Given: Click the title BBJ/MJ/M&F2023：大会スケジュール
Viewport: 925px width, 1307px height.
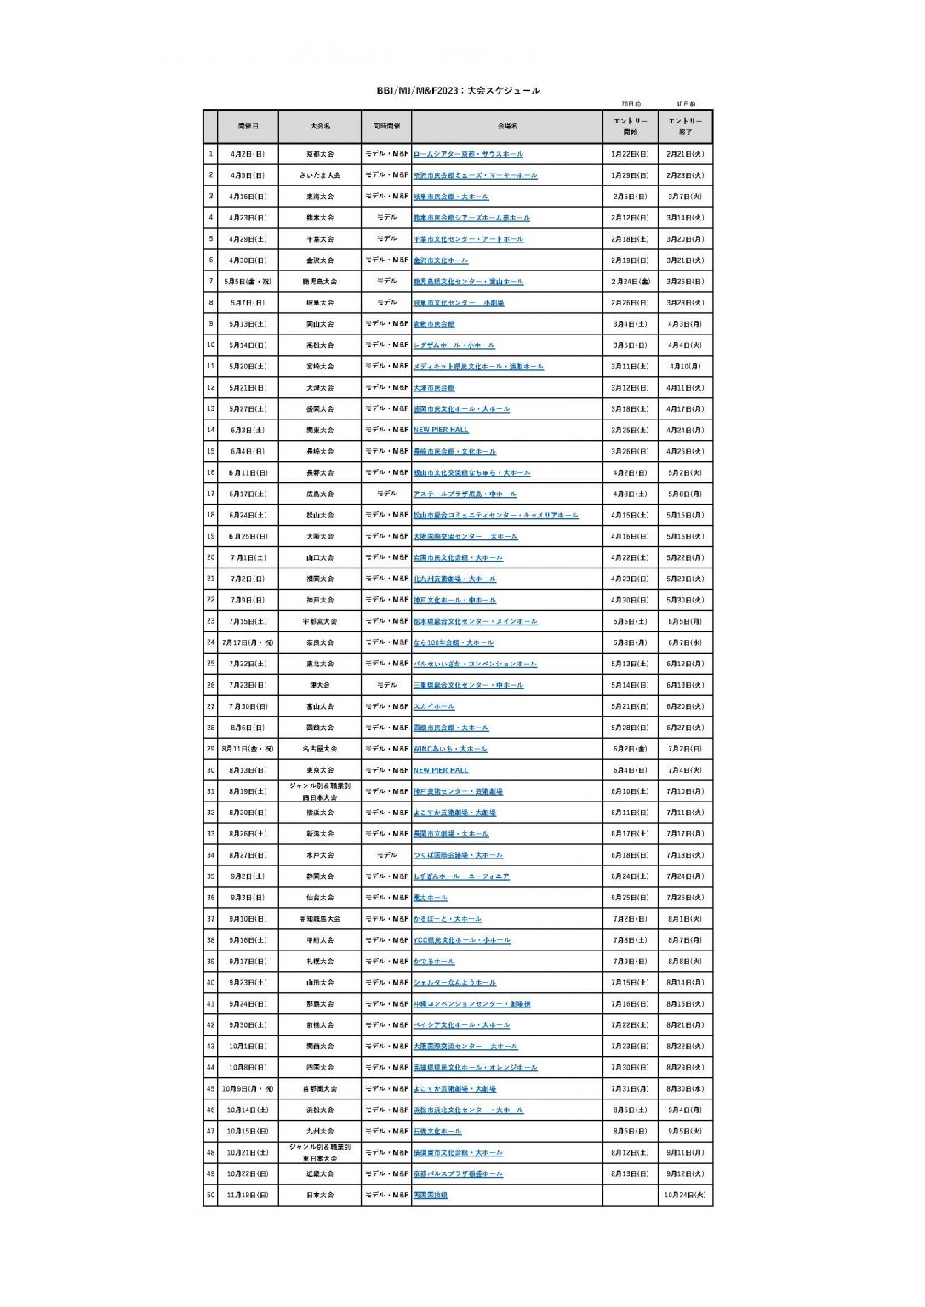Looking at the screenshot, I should (458, 90).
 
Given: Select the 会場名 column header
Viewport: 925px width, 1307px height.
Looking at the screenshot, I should (507, 127).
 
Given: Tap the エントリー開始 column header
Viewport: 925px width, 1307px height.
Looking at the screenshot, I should (630, 127).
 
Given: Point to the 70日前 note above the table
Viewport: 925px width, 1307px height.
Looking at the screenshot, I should (631, 104).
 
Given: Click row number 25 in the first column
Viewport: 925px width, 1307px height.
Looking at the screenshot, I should (210, 664).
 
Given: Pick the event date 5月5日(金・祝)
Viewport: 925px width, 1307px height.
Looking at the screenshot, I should (248, 282).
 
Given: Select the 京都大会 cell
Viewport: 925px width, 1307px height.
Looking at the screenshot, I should (320, 154).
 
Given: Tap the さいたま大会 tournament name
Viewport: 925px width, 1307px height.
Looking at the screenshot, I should (320, 175).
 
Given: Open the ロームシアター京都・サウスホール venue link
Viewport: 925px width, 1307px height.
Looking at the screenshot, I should (468, 154).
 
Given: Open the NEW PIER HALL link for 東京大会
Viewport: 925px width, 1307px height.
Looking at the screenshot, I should (441, 770).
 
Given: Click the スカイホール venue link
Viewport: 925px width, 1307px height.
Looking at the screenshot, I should (434, 706).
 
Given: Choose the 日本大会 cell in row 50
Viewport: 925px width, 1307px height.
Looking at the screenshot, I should (320, 1195).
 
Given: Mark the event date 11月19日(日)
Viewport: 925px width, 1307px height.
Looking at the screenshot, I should (248, 1195).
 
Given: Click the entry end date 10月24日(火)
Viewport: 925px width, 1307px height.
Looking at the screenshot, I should (685, 1195).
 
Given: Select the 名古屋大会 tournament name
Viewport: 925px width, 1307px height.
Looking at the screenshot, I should (320, 749).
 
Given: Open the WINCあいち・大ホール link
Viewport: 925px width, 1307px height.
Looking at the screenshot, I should (450, 749).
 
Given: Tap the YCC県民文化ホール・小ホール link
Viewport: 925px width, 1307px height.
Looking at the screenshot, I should (461, 940).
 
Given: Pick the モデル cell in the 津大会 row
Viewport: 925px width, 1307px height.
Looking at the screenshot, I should (386, 685).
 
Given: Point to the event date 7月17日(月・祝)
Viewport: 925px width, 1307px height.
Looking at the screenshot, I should (248, 642).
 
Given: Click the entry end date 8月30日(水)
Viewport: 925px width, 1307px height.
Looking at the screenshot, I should (685, 1088).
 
